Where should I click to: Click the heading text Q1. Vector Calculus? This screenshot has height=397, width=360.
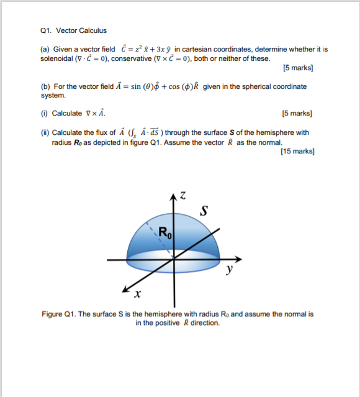tap(73, 30)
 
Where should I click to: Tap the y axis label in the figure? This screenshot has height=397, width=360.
tap(230, 270)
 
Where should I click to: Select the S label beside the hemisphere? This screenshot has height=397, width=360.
tap(203, 211)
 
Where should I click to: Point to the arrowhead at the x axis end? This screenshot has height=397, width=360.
tap(124, 289)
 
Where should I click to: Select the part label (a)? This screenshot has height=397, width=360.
tap(45, 48)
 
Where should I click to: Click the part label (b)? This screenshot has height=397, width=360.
tap(45, 86)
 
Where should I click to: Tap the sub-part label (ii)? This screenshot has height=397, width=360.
tap(45, 132)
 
